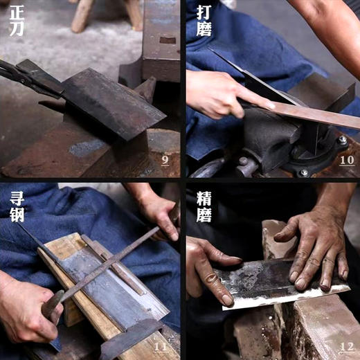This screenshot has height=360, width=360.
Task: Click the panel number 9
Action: [165, 160]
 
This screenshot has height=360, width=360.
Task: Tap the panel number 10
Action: [346, 160]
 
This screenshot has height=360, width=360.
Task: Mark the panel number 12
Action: [346, 346]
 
